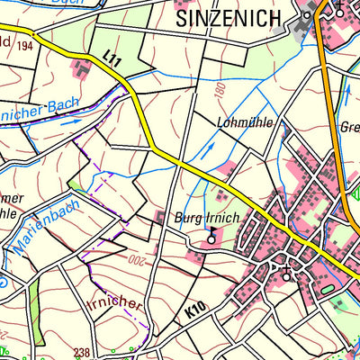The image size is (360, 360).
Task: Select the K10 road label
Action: coord(197,309)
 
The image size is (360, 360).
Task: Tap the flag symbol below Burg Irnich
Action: coord(212,236)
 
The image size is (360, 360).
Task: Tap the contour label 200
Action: coord(134,260)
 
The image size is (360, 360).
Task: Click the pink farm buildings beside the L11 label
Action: coord(84,65)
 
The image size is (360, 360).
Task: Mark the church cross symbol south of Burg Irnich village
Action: coord(286,271)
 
